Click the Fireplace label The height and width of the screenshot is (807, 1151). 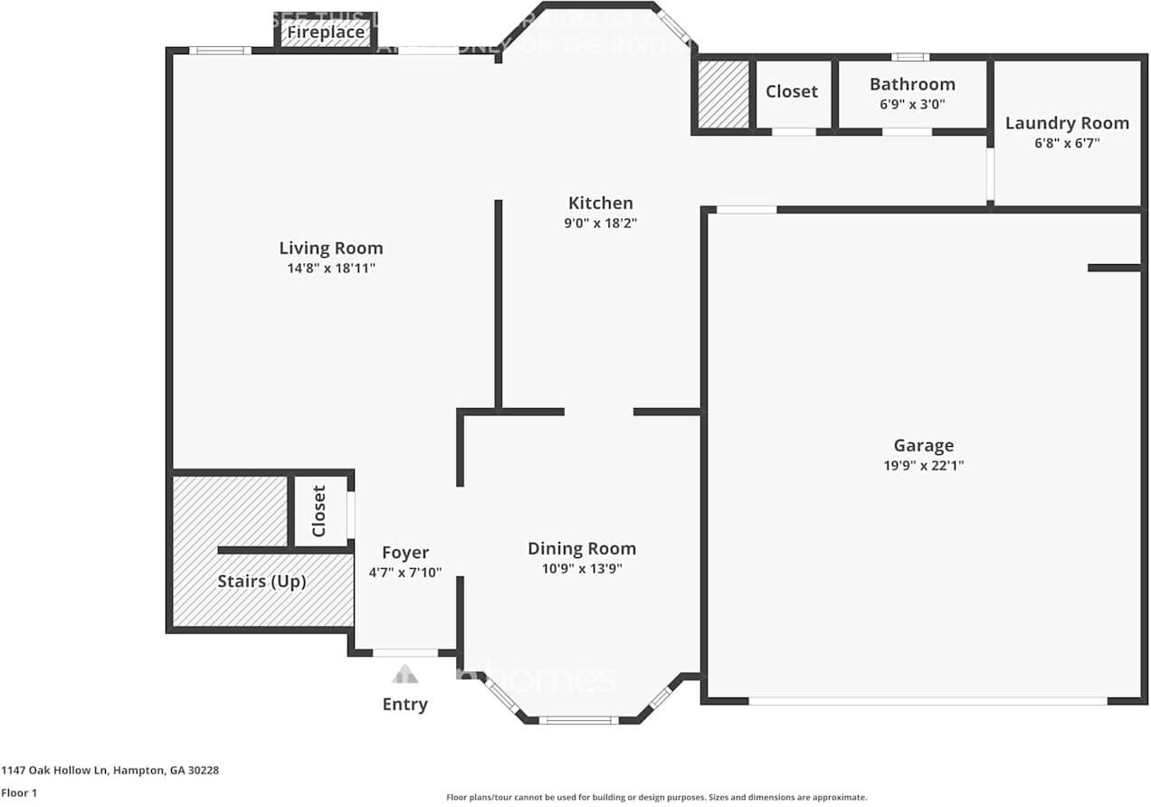(326, 33)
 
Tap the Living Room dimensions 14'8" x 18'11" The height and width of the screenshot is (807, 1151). (331, 268)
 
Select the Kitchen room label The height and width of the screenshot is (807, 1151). (600, 203)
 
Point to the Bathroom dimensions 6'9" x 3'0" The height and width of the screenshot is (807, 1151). (912, 103)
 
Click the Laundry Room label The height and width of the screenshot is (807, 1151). (1067, 123)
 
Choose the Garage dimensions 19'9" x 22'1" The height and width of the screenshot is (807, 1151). (923, 465)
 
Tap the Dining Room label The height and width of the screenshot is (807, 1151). (582, 548)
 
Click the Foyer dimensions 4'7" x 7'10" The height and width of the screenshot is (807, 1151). (404, 572)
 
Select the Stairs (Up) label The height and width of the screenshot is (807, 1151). (262, 581)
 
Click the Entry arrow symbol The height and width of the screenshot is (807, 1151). (404, 674)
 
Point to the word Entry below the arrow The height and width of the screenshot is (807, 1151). (404, 704)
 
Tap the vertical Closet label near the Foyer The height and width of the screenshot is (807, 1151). (319, 511)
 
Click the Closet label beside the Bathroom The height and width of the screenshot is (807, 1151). (791, 91)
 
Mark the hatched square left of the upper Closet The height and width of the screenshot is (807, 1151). (724, 94)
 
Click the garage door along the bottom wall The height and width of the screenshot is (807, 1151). (927, 700)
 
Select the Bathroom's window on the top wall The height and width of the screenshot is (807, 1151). (909, 57)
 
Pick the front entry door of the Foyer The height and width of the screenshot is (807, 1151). (404, 652)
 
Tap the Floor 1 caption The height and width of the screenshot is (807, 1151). (18, 793)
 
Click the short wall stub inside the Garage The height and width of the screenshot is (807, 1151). (1114, 268)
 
